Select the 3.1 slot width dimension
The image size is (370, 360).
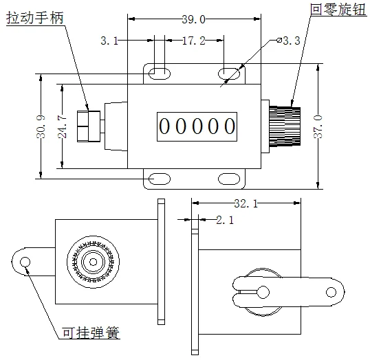pyautogui.click(x=109, y=41)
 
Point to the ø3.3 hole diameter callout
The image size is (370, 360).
pyautogui.click(x=288, y=41)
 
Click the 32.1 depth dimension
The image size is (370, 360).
pyautogui.click(x=246, y=204)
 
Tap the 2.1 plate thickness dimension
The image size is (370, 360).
pyautogui.click(x=225, y=221)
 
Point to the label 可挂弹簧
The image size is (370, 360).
pyautogui.click(x=91, y=334)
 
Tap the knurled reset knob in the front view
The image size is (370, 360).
pyautogui.click(x=285, y=126)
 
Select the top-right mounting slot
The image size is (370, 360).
pyautogui.click(x=229, y=72)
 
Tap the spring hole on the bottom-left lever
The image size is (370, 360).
pyautogui.click(x=26, y=262)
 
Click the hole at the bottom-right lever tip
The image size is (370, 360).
pyautogui.click(x=332, y=293)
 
